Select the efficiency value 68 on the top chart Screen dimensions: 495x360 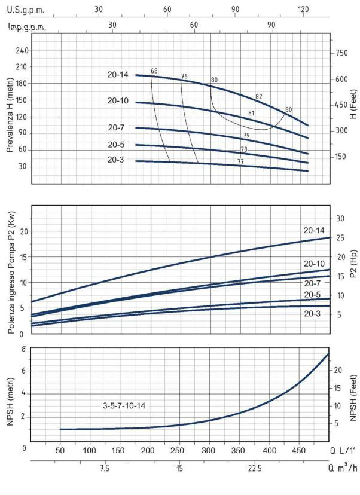(154, 72)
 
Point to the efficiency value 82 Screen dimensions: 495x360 (259, 96)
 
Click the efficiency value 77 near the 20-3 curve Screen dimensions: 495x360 (240, 161)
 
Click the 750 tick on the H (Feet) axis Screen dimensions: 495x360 (342, 53)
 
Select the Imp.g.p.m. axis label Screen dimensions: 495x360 (28, 27)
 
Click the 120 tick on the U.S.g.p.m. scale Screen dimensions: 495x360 (303, 10)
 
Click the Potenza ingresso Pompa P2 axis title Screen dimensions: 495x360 (10, 270)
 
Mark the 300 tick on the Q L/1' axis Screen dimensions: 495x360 (209, 450)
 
